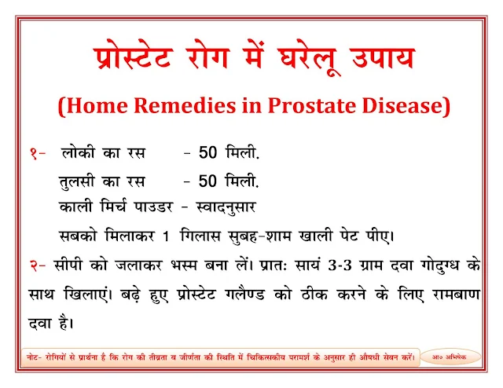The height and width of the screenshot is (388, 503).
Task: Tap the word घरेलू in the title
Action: [x=307, y=60]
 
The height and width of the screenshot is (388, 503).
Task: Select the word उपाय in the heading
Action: [x=384, y=58]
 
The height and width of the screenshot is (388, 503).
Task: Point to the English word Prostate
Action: [x=312, y=106]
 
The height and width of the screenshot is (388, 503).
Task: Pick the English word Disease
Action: [x=403, y=105]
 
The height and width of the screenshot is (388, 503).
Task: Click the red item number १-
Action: [x=38, y=153]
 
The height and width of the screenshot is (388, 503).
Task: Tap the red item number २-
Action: [x=38, y=265]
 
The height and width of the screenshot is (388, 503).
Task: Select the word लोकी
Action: [x=78, y=152]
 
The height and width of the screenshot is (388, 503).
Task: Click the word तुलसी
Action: [x=77, y=181]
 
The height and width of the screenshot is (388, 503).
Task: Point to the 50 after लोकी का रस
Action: [x=207, y=152]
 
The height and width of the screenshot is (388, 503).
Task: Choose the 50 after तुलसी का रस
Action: [x=207, y=181]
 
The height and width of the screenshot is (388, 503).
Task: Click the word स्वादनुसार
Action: [x=226, y=207]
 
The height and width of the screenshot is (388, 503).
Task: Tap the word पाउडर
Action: [x=153, y=207]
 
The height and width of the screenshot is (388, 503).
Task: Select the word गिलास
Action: [x=200, y=236]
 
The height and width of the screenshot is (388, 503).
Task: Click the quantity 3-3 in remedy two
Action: [x=340, y=265]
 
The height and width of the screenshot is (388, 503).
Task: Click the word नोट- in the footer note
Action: [x=34, y=357]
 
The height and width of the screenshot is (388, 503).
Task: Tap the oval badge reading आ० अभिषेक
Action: [x=450, y=357]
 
